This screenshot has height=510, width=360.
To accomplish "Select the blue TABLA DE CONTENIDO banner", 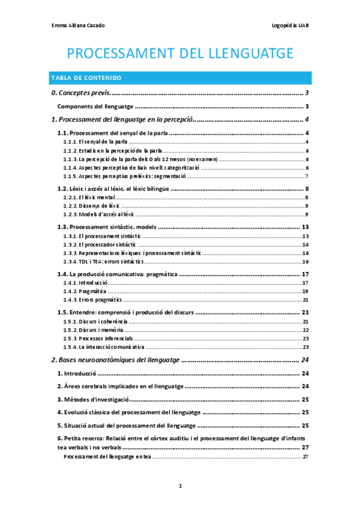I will pos(180,78).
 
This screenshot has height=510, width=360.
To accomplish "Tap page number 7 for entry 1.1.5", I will pos(307,176).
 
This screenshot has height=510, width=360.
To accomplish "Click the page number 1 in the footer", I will pos(180,485).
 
